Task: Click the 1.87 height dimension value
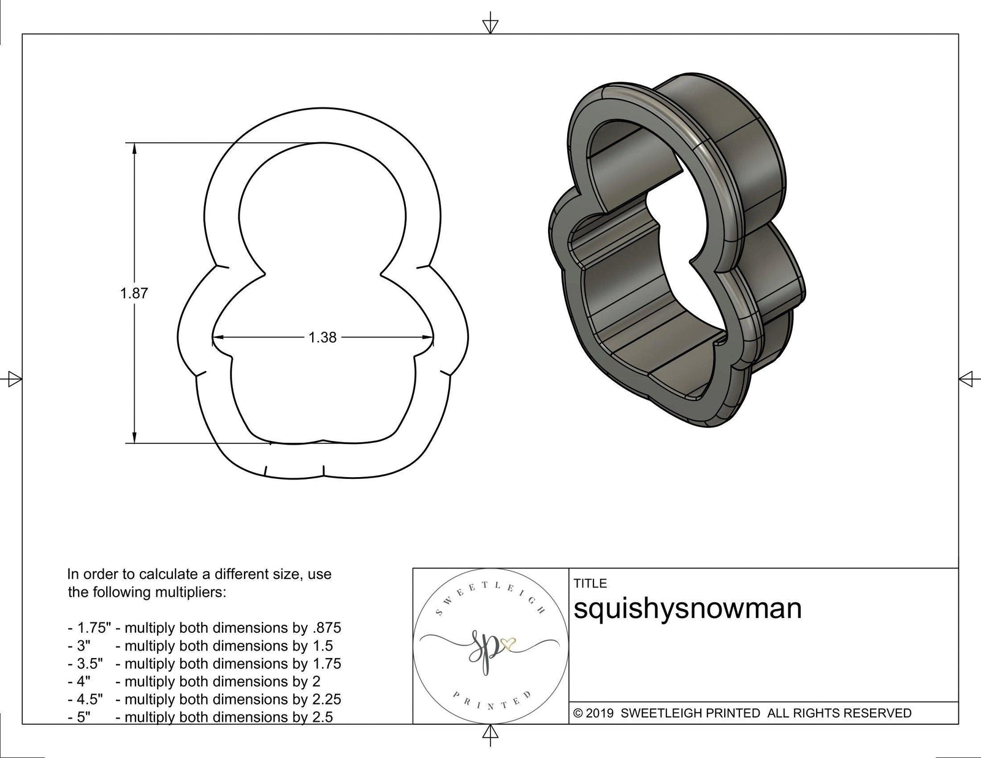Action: coord(134,293)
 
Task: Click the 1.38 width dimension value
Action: coord(323,337)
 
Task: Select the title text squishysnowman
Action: coord(687,609)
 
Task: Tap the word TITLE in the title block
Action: coord(590,583)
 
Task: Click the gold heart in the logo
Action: coord(508,643)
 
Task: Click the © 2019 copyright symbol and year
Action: coord(594,713)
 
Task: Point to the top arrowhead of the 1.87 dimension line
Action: coord(134,148)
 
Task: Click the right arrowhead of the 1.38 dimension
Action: coord(429,337)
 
